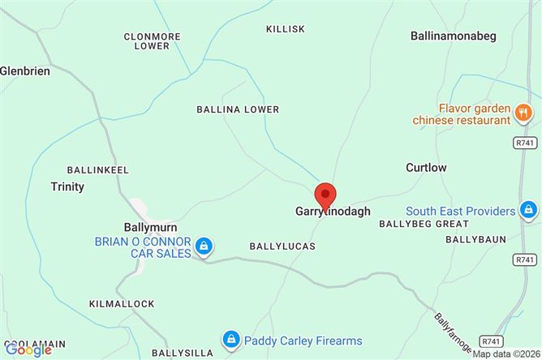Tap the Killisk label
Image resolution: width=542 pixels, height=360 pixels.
[286, 28]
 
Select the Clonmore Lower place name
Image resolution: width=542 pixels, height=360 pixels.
[147, 41]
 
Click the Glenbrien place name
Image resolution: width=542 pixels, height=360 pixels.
[25, 71]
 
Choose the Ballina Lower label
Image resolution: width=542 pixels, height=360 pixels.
[238, 109]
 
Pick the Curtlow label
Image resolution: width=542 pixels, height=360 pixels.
[426, 167]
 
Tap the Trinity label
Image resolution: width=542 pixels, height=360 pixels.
[67, 186]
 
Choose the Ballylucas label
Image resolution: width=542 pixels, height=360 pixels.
[282, 244]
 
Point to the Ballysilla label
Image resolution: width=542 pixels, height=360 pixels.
[184, 353]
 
